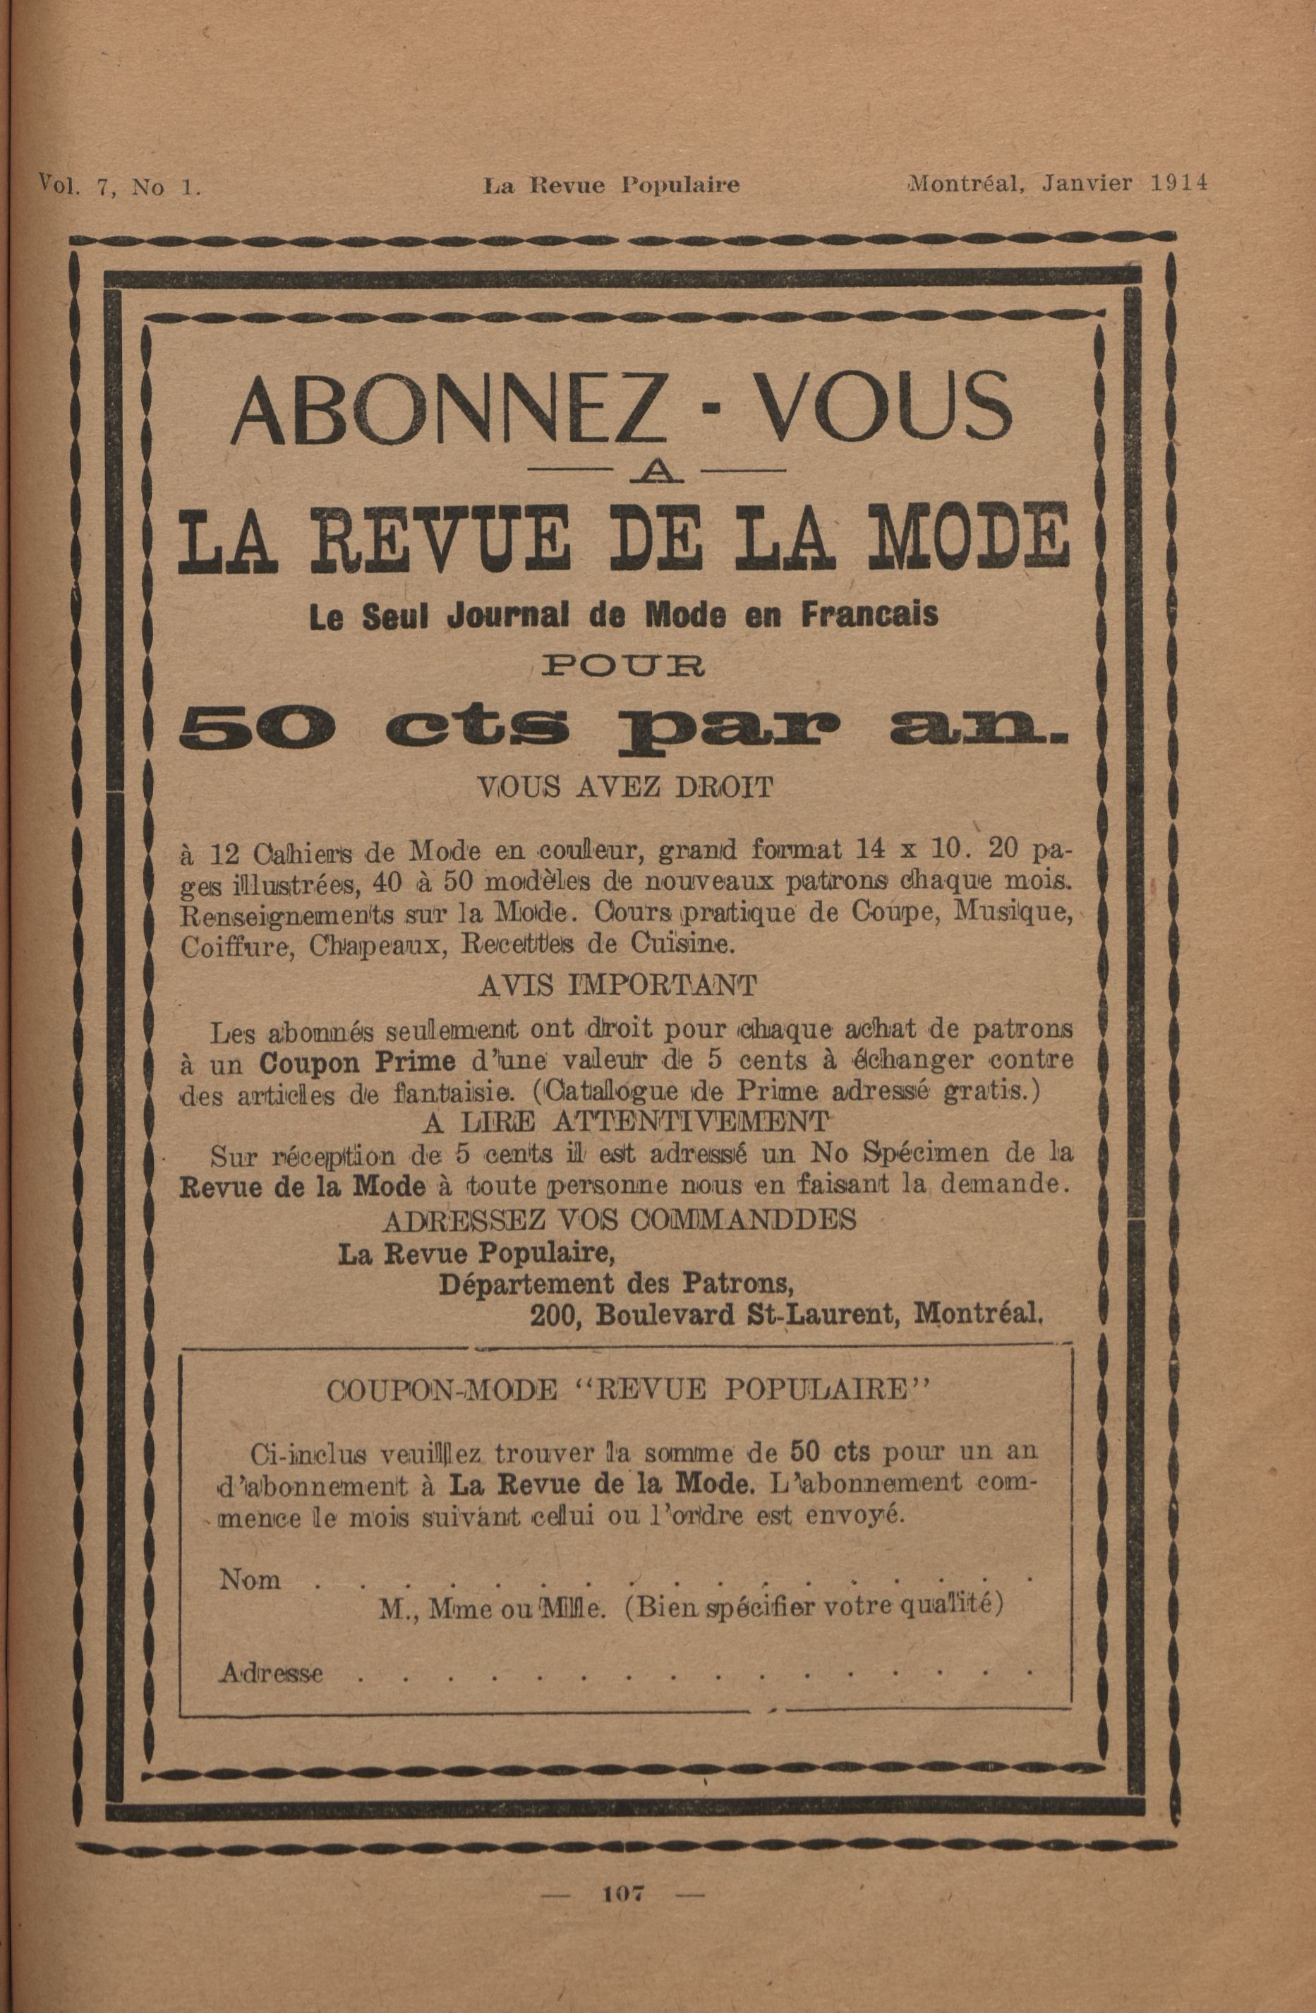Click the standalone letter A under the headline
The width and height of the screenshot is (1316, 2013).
tap(656, 474)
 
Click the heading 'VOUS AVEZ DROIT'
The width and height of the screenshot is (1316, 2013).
tap(626, 788)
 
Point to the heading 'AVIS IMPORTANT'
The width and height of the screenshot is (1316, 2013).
tap(617, 985)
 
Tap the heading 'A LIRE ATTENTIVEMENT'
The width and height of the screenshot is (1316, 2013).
tap(624, 1122)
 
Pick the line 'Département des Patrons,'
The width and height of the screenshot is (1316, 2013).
tap(616, 1284)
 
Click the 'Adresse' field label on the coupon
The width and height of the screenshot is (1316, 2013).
tap(271, 1672)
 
